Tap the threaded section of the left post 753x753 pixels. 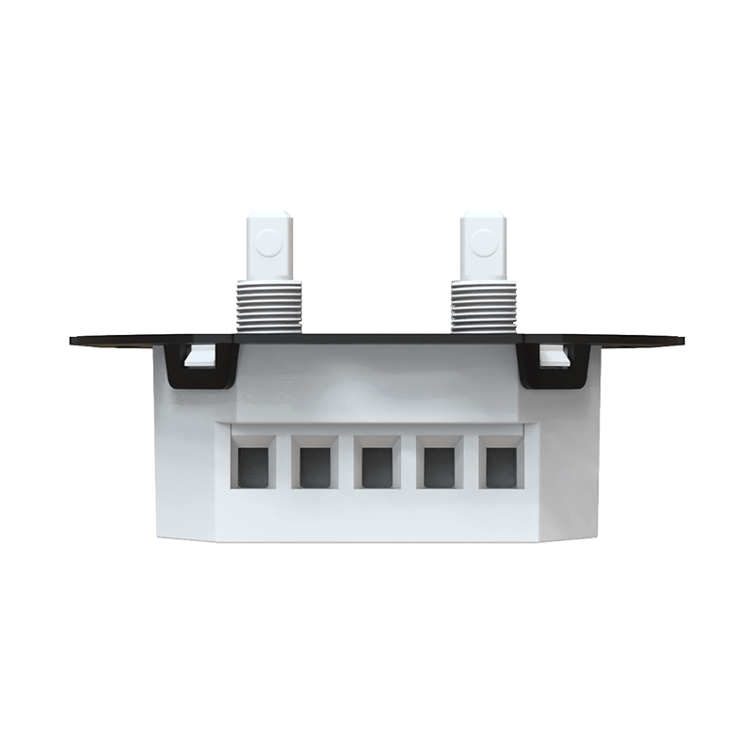click(269, 305)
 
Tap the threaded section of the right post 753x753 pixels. click(483, 305)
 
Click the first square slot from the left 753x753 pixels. click(253, 467)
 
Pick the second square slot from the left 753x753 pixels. click(314, 467)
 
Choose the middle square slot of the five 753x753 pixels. click(376, 467)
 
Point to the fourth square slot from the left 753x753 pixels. click(439, 467)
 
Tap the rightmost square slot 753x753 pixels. click(500, 467)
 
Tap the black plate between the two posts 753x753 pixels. click(376, 338)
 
